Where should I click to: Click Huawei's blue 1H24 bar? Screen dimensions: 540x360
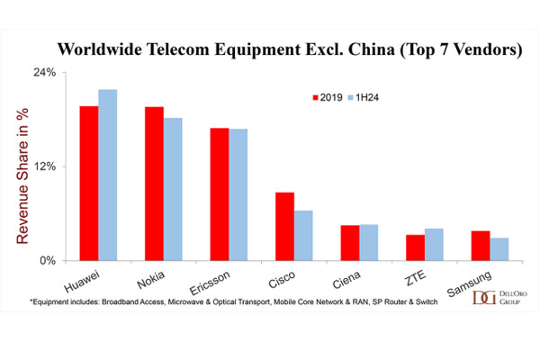(108, 175)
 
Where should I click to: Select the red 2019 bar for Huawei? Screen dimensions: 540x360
(89, 184)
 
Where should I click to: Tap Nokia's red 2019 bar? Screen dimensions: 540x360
(154, 184)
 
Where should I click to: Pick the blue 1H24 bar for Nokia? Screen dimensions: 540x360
(173, 189)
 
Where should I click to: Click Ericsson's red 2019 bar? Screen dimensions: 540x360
(220, 194)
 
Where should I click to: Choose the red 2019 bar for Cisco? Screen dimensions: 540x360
(284, 226)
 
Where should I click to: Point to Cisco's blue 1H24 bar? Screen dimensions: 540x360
(303, 236)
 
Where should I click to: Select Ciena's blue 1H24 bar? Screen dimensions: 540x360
(369, 242)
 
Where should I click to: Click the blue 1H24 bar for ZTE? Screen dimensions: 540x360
(434, 245)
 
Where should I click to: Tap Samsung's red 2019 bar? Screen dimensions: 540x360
(481, 246)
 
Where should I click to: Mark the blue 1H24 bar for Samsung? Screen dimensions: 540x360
(499, 249)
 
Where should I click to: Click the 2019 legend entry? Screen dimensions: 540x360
(328, 98)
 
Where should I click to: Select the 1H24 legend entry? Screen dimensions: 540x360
(364, 98)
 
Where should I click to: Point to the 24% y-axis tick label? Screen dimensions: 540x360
(44, 72)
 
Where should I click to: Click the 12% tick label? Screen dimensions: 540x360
(44, 166)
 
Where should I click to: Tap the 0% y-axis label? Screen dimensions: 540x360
(48, 261)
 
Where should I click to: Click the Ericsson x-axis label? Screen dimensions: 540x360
(210, 283)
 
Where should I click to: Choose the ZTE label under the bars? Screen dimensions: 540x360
(416, 278)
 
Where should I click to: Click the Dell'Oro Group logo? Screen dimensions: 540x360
(499, 297)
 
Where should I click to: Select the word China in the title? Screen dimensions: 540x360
(371, 49)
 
